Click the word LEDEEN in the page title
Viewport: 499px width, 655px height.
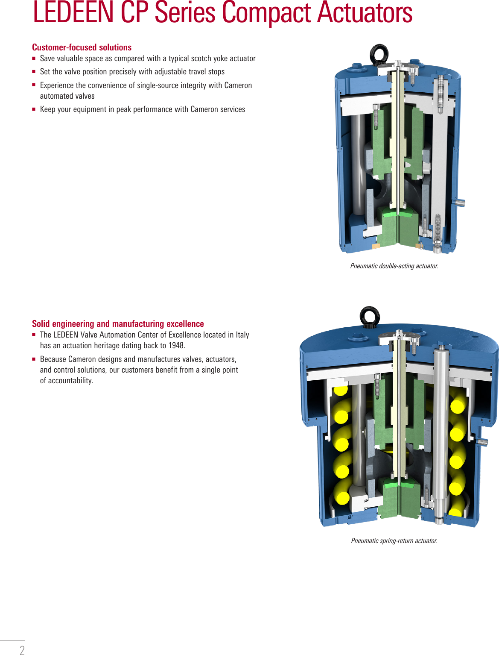(x=73, y=13)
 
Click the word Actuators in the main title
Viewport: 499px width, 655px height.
(x=365, y=13)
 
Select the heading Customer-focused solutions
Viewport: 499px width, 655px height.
(x=82, y=47)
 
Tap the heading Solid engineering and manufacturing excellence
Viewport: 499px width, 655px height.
(x=118, y=324)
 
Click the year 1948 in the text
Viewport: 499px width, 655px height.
(x=176, y=346)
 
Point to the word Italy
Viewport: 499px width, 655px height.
(x=242, y=335)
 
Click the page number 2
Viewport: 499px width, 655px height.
(x=22, y=650)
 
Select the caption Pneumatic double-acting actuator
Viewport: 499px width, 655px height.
(x=394, y=266)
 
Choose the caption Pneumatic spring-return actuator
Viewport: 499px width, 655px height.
(x=394, y=541)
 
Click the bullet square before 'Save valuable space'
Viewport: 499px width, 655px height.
(x=34, y=59)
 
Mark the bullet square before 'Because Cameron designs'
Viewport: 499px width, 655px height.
(x=34, y=359)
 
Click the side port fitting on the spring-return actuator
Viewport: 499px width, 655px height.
(x=482, y=442)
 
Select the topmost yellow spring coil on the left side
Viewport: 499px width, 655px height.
(x=341, y=391)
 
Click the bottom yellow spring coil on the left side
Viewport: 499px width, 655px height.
(x=342, y=498)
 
